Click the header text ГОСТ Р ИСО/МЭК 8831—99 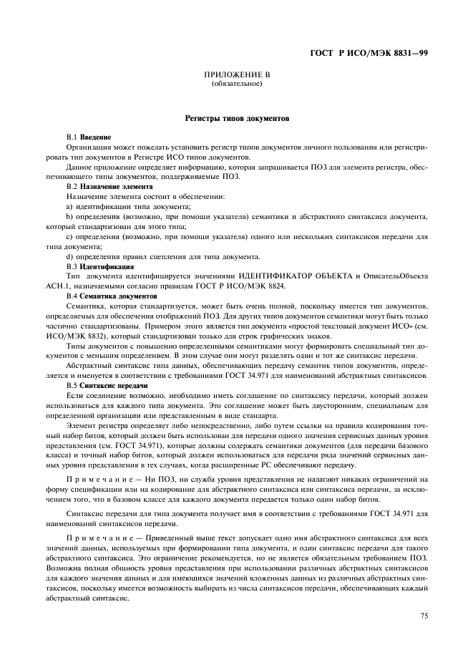(x=369, y=54)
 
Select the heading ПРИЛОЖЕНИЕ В (x=237, y=76)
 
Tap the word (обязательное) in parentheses (x=237, y=84)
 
